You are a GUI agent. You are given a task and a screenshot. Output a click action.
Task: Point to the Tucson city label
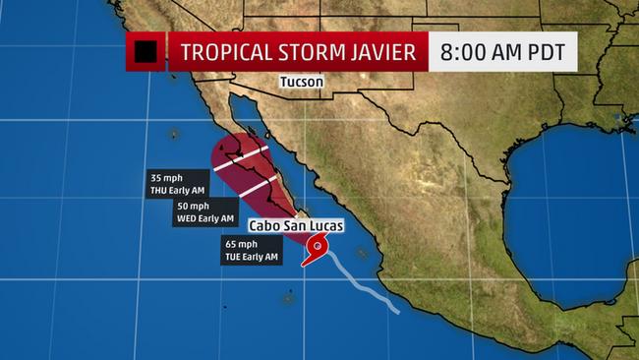click(302, 83)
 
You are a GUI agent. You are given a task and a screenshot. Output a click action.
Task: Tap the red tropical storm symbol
click(318, 249)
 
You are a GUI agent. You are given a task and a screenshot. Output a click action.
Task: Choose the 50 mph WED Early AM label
click(205, 211)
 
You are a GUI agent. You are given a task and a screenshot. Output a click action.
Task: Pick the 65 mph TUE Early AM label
click(251, 251)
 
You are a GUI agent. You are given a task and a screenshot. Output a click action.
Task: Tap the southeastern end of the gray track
click(397, 312)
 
